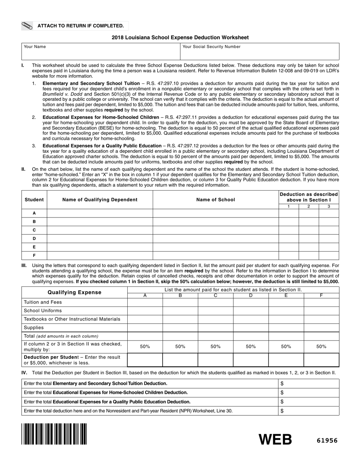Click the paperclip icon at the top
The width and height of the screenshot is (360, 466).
coord(27,26)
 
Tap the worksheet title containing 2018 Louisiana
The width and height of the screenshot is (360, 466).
coord(180,38)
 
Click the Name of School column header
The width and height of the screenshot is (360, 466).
coord(216,200)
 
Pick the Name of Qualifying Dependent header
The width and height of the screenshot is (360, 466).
coord(100,200)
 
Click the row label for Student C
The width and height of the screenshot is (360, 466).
coord(34,230)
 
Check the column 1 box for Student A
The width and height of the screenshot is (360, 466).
coord(289,213)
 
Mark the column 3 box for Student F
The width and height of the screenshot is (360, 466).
coord(329,255)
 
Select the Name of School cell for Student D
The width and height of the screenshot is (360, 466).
coord(216,239)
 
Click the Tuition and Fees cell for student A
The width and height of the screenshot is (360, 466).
coord(145,302)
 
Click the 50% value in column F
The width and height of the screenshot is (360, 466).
coord(321,347)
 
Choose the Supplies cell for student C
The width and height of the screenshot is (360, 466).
coord(215,328)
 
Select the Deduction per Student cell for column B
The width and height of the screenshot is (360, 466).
coord(180,360)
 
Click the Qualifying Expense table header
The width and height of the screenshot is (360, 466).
coord(75,292)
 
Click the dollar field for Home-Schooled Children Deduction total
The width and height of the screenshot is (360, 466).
coord(309,393)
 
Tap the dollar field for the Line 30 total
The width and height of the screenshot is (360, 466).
coord(309,411)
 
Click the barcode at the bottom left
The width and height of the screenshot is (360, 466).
coord(54,434)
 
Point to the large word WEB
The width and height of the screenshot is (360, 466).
coord(275,439)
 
